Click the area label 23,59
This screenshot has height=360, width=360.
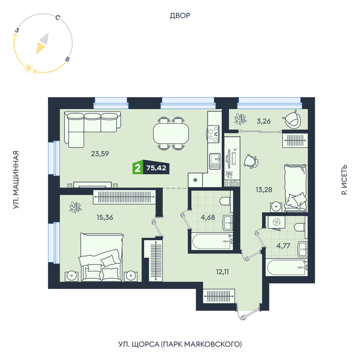tap(100, 154)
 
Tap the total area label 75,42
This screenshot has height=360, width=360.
tap(156, 168)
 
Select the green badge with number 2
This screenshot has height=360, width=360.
tap(138, 168)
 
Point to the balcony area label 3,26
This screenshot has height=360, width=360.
tap(263, 121)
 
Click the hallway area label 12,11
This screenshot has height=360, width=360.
tap(222, 272)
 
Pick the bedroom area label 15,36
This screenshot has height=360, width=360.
tap(105, 217)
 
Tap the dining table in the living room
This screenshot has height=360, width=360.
tap(171, 134)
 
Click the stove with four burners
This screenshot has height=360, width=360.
tap(213, 134)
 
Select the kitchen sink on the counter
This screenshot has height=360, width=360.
tap(214, 161)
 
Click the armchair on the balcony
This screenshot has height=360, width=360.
tap(292, 119)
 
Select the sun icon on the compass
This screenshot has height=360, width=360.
tap(28, 68)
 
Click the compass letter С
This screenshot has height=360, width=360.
tap(58, 17)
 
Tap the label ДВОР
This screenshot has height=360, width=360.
tap(180, 15)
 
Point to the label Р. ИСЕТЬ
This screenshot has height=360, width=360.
tap(344, 180)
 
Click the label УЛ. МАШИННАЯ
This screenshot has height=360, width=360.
tap(15, 180)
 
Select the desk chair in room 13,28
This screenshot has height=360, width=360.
tap(251, 161)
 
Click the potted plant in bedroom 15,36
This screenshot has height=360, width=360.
tap(76, 207)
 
